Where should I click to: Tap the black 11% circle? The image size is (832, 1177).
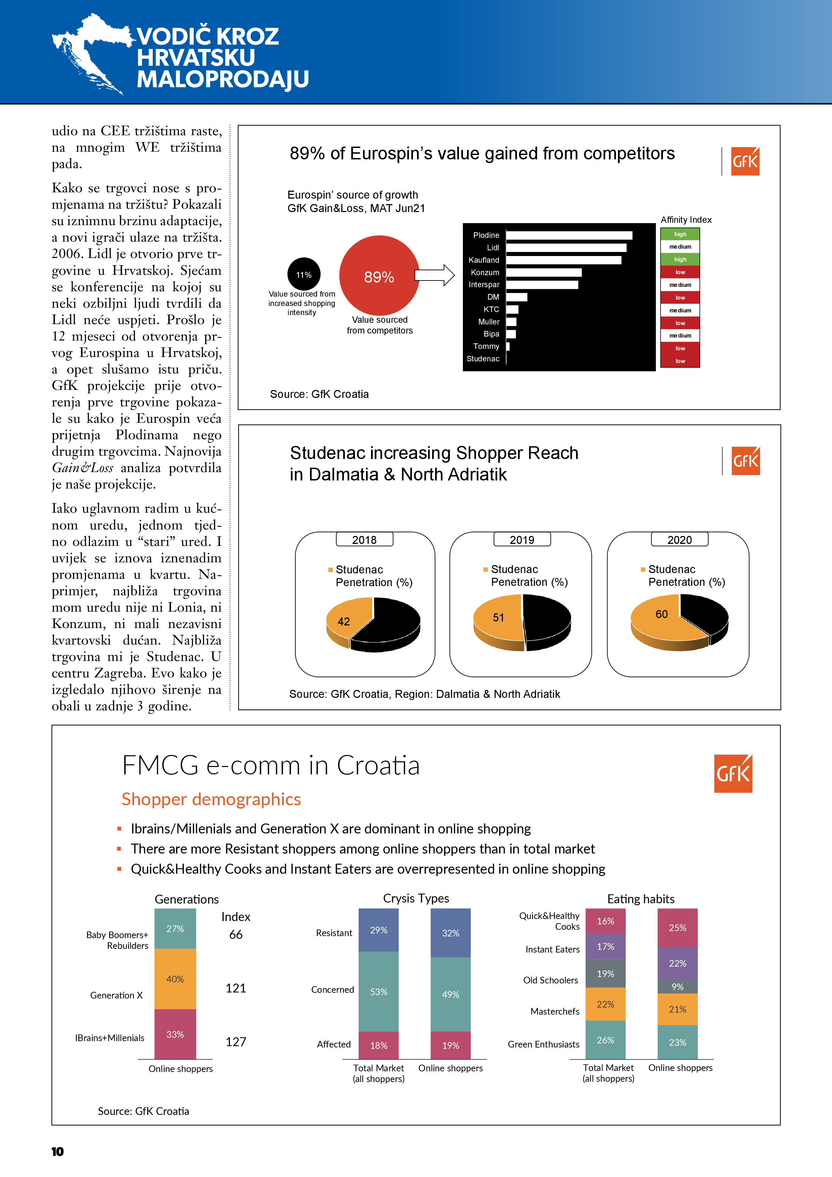[304, 274]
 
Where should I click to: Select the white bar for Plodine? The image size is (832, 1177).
[569, 235]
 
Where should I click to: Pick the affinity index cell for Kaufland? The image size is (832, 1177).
[680, 259]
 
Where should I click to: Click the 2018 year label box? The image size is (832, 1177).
[364, 539]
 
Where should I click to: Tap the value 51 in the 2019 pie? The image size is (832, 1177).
[498, 617]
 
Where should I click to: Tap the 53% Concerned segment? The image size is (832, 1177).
[378, 991]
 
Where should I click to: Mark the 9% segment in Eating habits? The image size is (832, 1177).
[677, 986]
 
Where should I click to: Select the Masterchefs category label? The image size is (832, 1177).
[555, 1011]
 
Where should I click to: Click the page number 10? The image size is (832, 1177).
[57, 1152]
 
